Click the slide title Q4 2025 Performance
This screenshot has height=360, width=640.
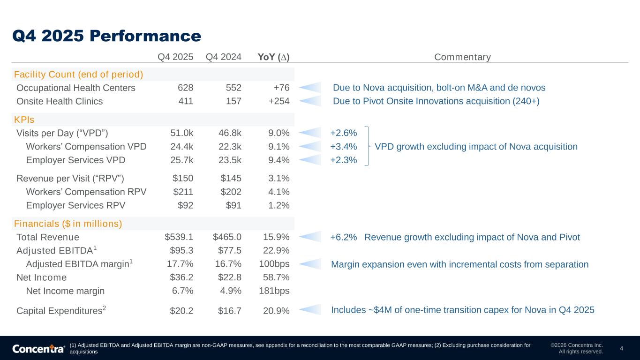pyautogui.click(x=107, y=36)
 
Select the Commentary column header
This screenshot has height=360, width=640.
pyautogui.click(x=462, y=57)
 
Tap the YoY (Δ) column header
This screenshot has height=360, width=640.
pyautogui.click(x=273, y=57)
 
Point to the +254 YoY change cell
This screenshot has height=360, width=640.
pyautogui.click(x=279, y=101)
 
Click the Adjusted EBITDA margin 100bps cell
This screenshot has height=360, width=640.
pyautogui.click(x=274, y=264)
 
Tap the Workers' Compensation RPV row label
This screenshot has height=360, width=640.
pyautogui.click(x=86, y=192)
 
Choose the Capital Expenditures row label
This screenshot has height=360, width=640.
pyautogui.click(x=61, y=310)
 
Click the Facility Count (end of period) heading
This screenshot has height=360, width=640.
pyautogui.click(x=79, y=75)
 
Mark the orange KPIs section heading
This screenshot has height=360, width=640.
pyautogui.click(x=24, y=120)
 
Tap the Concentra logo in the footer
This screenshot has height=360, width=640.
pyautogui.click(x=38, y=349)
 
